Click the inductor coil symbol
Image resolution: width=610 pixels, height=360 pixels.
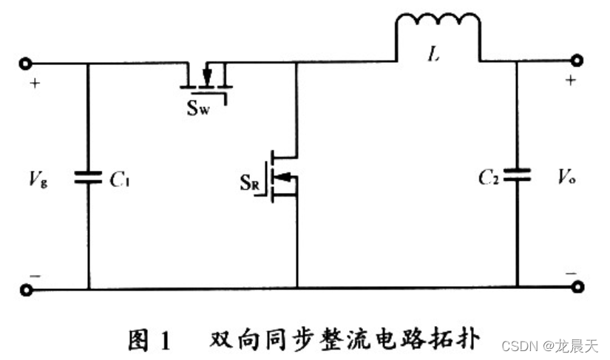(438, 33)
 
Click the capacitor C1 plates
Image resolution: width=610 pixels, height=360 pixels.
(89, 177)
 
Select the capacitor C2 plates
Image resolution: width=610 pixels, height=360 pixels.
(517, 177)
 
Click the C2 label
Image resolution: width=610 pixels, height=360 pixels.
(489, 177)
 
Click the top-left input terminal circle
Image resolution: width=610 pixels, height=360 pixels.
(27, 64)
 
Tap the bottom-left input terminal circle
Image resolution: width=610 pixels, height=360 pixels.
(27, 289)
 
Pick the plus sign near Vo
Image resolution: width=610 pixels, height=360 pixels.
(570, 81)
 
